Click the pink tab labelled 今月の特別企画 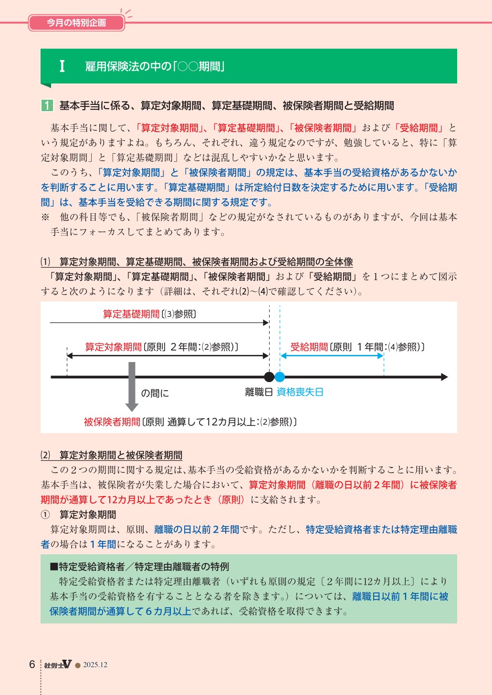coord(76,22)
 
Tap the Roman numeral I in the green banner coord(62,66)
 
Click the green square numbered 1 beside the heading coord(47,105)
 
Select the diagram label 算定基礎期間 coord(131,314)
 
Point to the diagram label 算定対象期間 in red coord(113,347)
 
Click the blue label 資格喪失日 coord(300,392)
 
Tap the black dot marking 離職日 coord(269,377)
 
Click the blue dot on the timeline coord(280,377)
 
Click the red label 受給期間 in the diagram coord(309,347)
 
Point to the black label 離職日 coord(259,392)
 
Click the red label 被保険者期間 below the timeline coord(112,422)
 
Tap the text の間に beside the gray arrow coord(155,393)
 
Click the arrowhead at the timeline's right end coord(444,377)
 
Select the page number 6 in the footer coord(32,664)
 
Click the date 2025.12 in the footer coord(95,665)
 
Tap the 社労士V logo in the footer coord(58,664)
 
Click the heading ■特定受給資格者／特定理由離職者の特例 coord(139,567)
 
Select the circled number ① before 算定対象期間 coord(45,515)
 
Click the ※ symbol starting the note coord(45,217)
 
